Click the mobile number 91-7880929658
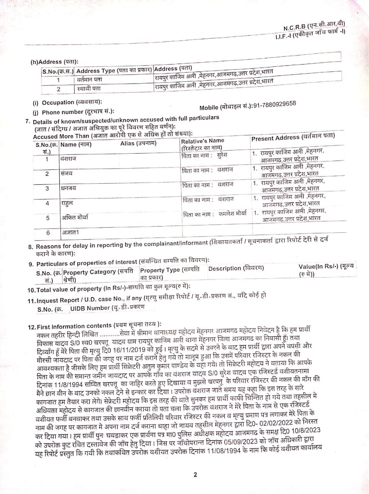pyautogui.click(x=274, y=105)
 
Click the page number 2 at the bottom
pyautogui.click(x=195, y=474)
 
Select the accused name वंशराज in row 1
pyautogui.click(x=68, y=159)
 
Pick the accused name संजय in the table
pyautogui.click(x=66, y=173)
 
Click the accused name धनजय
pyautogui.click(x=68, y=188)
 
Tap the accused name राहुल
pyautogui.click(x=67, y=203)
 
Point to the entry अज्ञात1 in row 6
pyautogui.click(x=71, y=232)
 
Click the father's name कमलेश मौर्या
pyautogui.click(x=232, y=213)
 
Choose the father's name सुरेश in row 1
pyautogui.click(x=222, y=155)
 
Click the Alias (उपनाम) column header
pyautogui.click(x=138, y=144)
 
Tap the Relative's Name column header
pyautogui.click(x=202, y=144)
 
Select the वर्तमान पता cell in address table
pyautogui.click(x=90, y=80)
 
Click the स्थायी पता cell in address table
pyautogui.click(x=89, y=88)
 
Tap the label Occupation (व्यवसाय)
pyautogui.click(x=72, y=102)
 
